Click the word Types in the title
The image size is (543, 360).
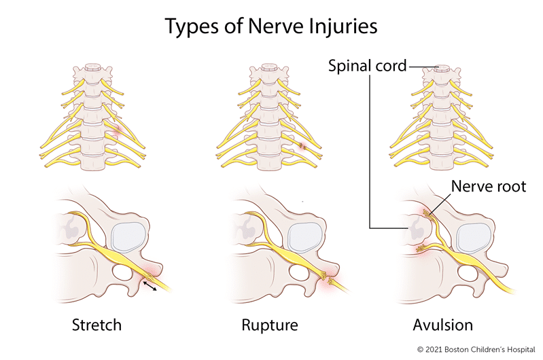pos(192,26)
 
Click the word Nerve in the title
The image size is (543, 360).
pos(271,26)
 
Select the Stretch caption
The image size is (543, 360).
pos(97,325)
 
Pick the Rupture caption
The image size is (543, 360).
pos(270,325)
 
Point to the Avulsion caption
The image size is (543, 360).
pos(443,325)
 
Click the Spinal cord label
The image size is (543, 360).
pos(367,66)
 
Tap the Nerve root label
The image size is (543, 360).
pos(489,186)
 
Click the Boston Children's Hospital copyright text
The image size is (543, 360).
pos(476,350)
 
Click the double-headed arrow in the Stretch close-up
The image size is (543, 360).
pos(150,285)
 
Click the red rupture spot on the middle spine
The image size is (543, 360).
pos(303,147)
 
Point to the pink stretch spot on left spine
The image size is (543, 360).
pos(117,132)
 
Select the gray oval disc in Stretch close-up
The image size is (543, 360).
pos(128,237)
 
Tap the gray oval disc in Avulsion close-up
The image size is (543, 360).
pos(474,238)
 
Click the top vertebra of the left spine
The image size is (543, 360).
pos(92,71)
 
